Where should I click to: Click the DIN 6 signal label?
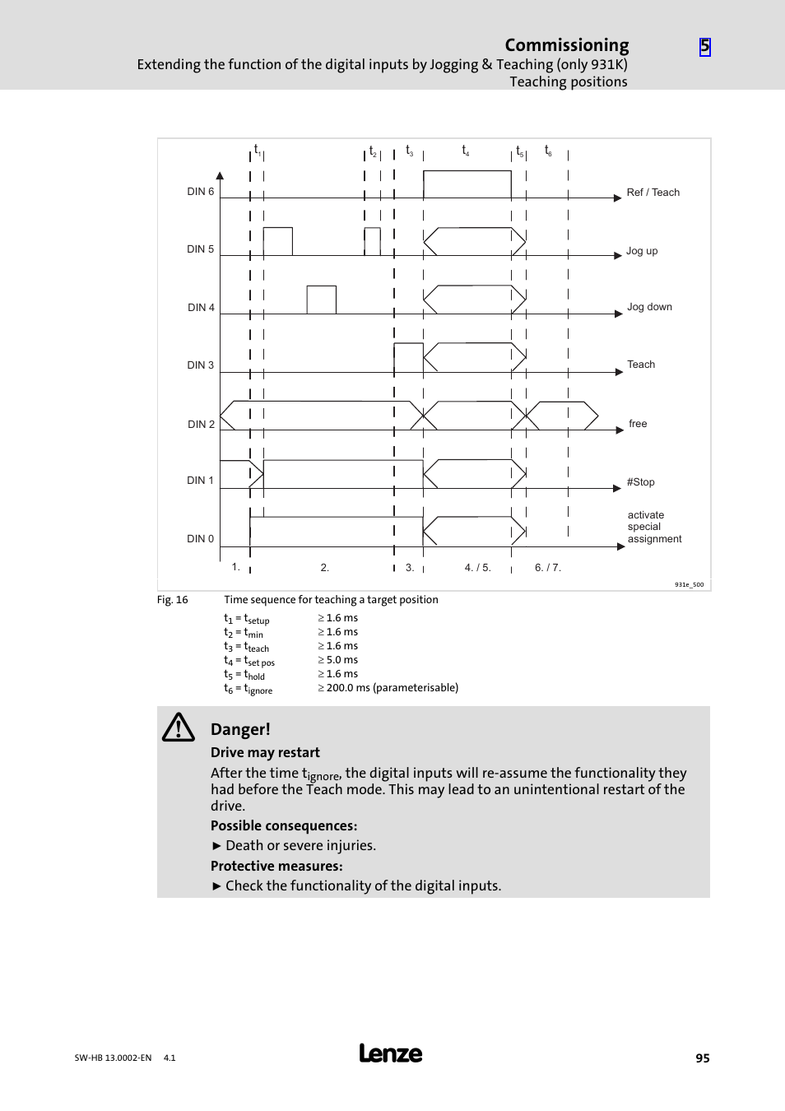[x=200, y=192]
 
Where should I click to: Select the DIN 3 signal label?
[x=200, y=365]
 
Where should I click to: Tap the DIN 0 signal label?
[x=200, y=539]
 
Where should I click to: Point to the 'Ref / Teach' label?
[x=653, y=193]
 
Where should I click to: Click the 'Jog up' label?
[x=642, y=251]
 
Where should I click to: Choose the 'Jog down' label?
[x=649, y=307]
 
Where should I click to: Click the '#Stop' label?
[x=640, y=482]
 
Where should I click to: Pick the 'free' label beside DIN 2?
[x=638, y=424]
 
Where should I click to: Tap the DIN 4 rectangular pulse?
[x=321, y=300]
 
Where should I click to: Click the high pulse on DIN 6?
[x=467, y=184]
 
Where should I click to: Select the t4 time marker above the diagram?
[x=465, y=151]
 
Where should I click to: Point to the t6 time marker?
[x=548, y=151]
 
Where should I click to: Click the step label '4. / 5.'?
[x=477, y=568]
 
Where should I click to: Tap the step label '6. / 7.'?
[x=547, y=568]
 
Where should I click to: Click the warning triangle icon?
[x=178, y=727]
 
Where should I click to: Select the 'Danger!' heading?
[x=240, y=729]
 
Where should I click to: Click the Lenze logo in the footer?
[x=391, y=1053]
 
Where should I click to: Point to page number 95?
[x=702, y=1058]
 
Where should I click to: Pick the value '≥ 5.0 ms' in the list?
[x=338, y=660]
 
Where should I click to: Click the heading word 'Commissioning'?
[x=566, y=45]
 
